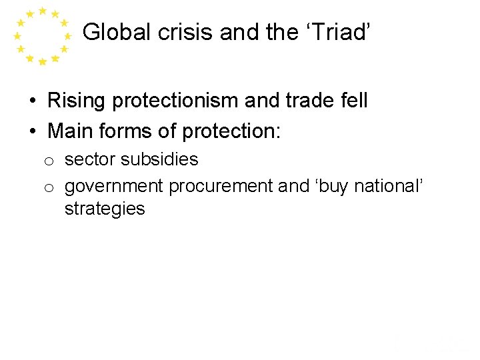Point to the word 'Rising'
tap(75, 101)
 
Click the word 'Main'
tap(70, 131)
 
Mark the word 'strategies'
tap(104, 209)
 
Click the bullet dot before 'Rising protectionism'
tap(32, 101)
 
